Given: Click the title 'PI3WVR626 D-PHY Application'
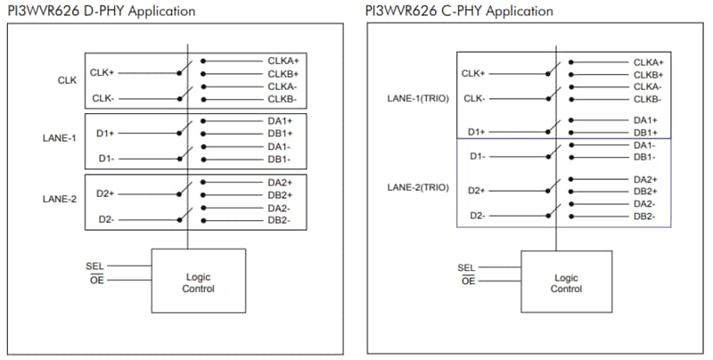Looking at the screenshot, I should coord(102,11).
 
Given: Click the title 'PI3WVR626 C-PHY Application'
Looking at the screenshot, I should coord(459,11).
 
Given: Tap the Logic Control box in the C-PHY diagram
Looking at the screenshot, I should coord(566,282).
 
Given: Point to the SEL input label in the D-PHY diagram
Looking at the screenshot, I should coord(95,265).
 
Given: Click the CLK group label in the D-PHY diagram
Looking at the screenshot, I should coord(68,80).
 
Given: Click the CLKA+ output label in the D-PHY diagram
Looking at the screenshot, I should coord(283,61).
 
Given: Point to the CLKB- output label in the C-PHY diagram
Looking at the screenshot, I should coord(648,99).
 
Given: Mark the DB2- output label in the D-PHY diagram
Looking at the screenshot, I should coord(280,219).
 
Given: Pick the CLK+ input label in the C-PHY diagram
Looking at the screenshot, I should coord(473,74).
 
